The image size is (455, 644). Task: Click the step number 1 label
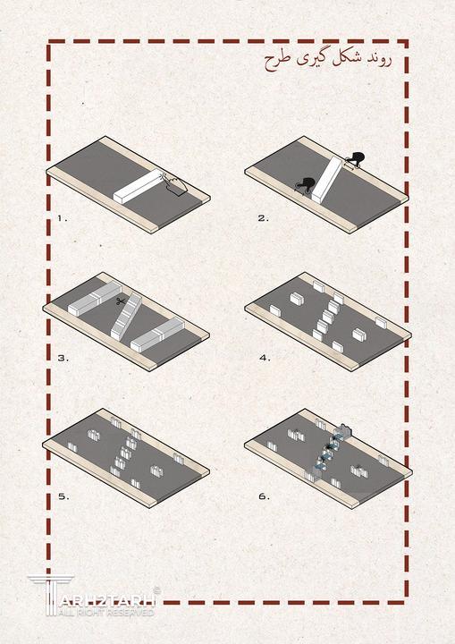[x=62, y=218]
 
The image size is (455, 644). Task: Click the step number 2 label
[x=263, y=218]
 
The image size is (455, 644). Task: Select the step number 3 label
[x=63, y=358]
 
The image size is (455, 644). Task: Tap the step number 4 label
[x=265, y=358]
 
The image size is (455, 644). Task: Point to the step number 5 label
[x=63, y=496]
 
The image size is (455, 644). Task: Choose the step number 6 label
[x=264, y=496]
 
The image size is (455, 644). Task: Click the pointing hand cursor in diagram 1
[x=175, y=184]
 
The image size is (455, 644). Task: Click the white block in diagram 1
[x=139, y=186]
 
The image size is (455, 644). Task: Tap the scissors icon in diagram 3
[x=121, y=302]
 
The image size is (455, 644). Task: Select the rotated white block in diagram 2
[x=327, y=180]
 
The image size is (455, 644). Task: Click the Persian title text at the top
[x=327, y=60]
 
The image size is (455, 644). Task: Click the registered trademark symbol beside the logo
[x=156, y=590]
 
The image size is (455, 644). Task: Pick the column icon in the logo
[x=51, y=596]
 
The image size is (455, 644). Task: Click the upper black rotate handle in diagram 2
[x=355, y=158]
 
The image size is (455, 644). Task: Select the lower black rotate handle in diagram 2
[x=305, y=184]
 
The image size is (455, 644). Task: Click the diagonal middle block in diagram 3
[x=126, y=317]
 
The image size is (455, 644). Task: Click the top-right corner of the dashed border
[x=406, y=42]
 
